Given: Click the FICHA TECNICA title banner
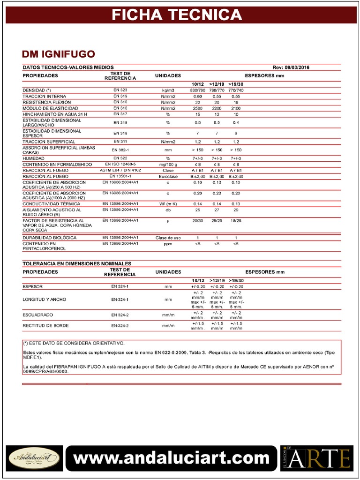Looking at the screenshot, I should [x=177, y=15].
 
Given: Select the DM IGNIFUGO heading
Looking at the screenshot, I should [x=59, y=54].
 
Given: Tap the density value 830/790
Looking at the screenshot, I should [x=198, y=90].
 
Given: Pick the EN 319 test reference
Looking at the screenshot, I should [x=120, y=96].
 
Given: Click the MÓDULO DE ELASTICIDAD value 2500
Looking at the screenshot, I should [x=198, y=108].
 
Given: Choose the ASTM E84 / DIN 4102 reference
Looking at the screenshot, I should [x=120, y=170].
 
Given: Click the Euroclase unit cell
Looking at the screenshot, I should [x=168, y=176].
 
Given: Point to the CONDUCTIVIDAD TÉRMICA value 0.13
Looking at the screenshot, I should [x=236, y=204].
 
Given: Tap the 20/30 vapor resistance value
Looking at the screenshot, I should [x=198, y=220].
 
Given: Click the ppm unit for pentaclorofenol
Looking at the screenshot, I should [x=168, y=244].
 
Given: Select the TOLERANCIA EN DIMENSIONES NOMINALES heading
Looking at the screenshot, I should [x=77, y=263].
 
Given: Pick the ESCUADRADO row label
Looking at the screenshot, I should [x=38, y=315].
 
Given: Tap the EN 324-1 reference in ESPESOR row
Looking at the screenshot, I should [x=120, y=286].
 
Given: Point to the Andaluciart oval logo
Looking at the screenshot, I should [x=34, y=457].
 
